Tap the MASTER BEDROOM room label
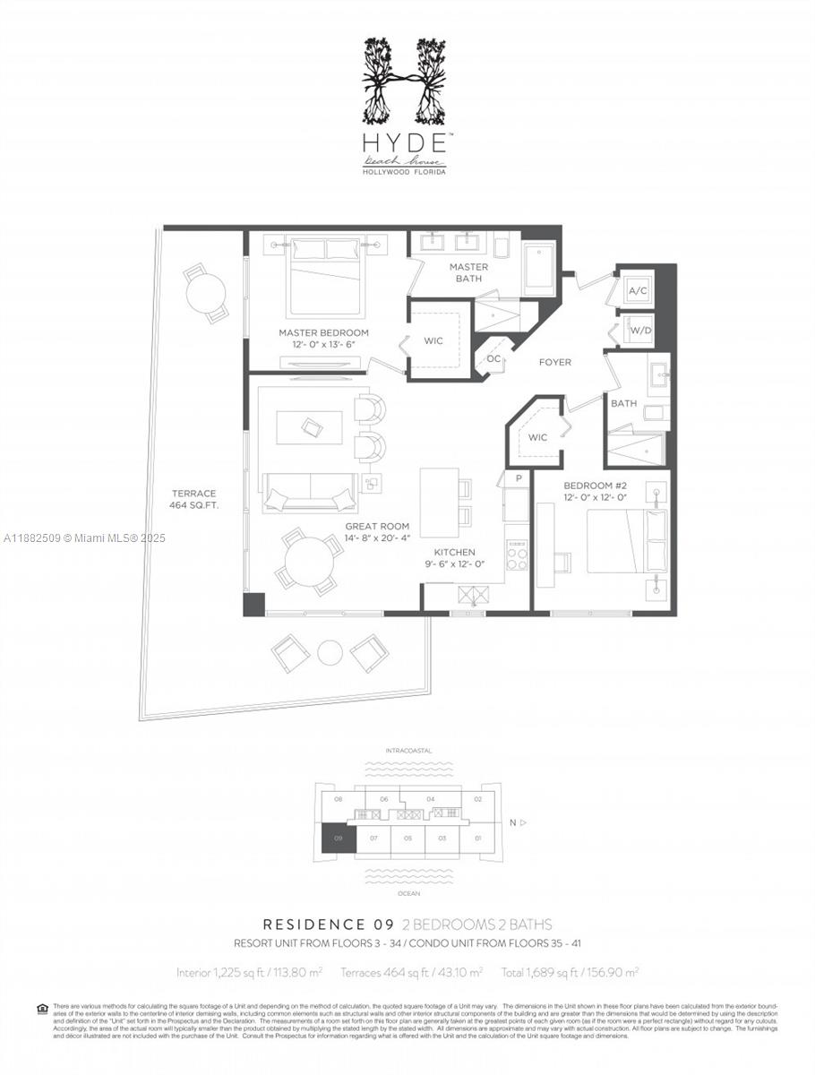322,339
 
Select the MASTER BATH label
468,272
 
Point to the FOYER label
554,362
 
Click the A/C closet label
638,292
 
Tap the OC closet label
493,358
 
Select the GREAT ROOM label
377,532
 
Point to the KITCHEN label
454,558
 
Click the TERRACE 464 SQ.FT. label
193,499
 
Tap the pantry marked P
517,479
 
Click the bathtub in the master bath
539,266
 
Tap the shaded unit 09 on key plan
339,839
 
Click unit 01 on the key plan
477,839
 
